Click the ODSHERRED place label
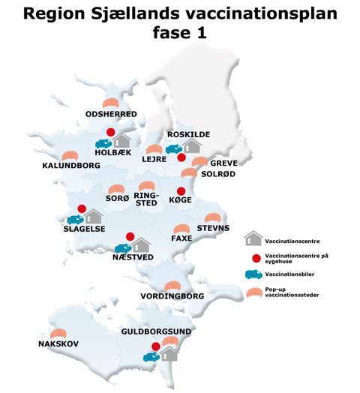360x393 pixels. (111, 114)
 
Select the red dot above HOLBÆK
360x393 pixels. (110, 133)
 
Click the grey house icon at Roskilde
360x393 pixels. (193, 145)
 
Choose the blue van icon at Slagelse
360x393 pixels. (75, 220)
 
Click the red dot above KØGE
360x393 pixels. (180, 191)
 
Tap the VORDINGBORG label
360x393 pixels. (172, 296)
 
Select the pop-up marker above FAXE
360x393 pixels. (181, 229)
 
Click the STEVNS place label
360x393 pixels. (213, 227)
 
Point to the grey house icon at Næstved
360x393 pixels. (141, 244)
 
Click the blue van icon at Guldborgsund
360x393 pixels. (151, 356)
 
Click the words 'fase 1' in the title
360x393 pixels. (179, 34)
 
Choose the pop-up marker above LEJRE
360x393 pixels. (154, 149)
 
